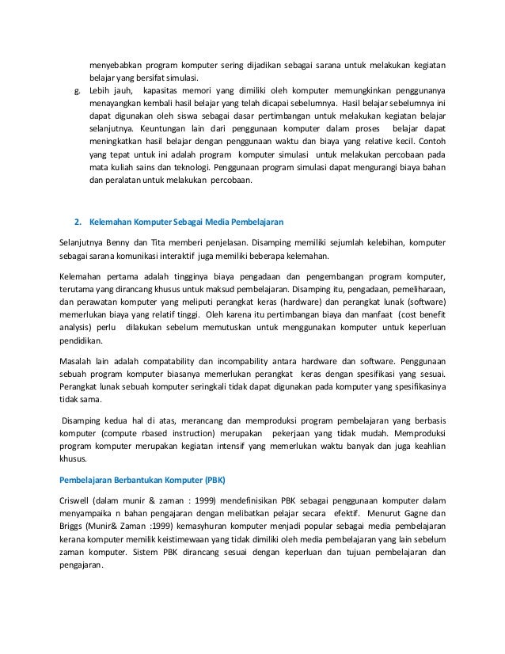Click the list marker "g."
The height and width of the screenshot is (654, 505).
click(x=77, y=91)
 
